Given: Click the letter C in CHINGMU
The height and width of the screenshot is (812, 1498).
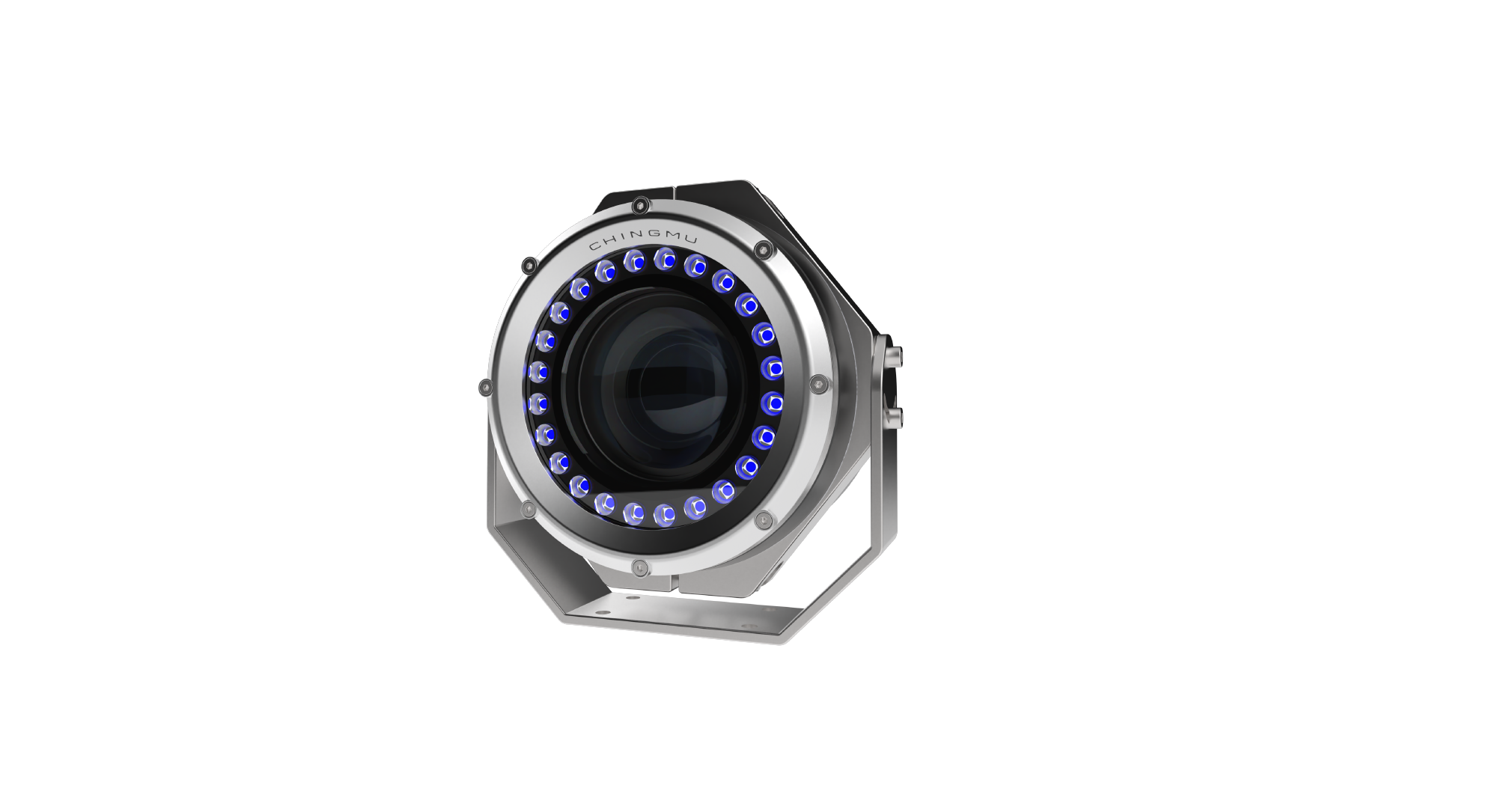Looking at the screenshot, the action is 594,246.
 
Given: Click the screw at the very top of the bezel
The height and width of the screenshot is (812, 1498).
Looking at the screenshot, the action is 639,205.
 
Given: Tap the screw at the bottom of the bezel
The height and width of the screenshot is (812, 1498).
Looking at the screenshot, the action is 639,568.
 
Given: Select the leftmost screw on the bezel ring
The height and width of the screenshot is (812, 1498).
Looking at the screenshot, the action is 485,388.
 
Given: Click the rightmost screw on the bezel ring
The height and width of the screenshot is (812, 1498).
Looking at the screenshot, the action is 820,384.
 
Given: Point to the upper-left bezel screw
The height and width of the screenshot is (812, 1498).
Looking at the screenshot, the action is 529,265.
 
